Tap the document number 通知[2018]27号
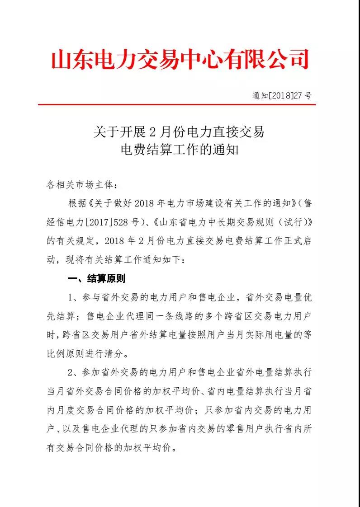click(x=282, y=96)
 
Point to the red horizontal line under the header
click(x=176, y=105)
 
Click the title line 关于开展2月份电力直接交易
click(x=179, y=132)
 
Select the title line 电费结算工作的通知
click(x=179, y=149)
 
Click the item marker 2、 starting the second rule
click(x=74, y=373)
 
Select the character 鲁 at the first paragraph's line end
click(x=307, y=203)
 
